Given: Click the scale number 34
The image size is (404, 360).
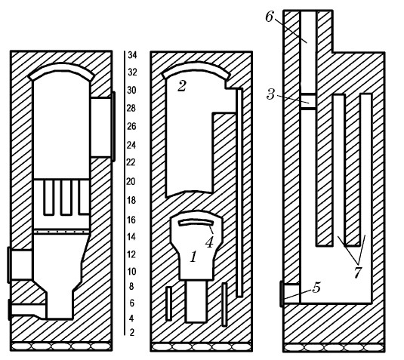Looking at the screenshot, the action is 132,55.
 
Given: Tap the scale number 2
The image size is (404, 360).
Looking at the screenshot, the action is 132,332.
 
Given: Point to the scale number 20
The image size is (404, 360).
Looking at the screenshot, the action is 131,182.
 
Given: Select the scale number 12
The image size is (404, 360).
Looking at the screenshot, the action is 131,254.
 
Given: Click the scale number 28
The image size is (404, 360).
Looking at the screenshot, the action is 131,108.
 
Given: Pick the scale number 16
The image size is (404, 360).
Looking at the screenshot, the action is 131,220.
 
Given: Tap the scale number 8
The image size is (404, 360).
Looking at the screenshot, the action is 131,286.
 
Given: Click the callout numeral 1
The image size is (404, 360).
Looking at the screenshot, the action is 193,257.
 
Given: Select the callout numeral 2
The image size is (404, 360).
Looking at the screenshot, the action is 182,86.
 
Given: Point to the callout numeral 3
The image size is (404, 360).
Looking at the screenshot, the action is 270,94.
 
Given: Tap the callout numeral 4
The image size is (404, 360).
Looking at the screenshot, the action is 209,242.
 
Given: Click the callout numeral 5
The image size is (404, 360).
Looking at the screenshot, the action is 316,288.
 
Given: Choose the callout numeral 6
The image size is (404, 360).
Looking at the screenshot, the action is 269,17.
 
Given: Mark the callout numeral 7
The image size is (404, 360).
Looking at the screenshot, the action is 358,273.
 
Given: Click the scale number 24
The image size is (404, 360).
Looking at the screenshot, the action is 131,145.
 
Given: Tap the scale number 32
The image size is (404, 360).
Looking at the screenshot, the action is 132,72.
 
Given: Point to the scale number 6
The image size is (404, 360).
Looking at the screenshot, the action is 131,303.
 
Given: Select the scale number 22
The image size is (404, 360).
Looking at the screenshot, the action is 131,162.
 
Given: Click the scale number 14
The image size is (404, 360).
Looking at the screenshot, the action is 131,237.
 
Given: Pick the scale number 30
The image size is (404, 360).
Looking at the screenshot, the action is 131,90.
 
